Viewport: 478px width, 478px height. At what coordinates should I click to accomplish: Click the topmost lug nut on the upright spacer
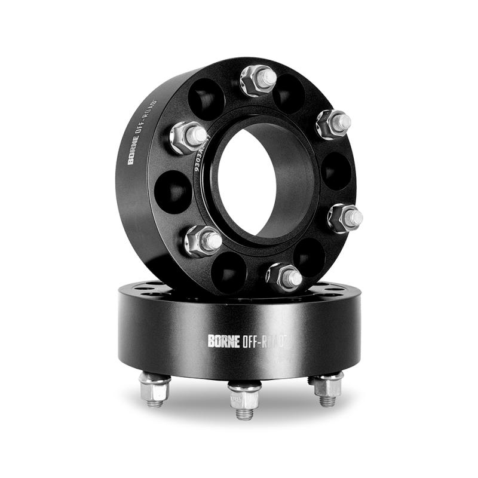point(258,80)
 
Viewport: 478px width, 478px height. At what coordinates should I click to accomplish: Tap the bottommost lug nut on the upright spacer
point(283,276)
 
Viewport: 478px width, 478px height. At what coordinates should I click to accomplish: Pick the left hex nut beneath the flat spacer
point(155,389)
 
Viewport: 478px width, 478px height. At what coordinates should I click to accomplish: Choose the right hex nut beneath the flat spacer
point(327,387)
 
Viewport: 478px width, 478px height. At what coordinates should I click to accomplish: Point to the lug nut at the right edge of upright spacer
point(345,217)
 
